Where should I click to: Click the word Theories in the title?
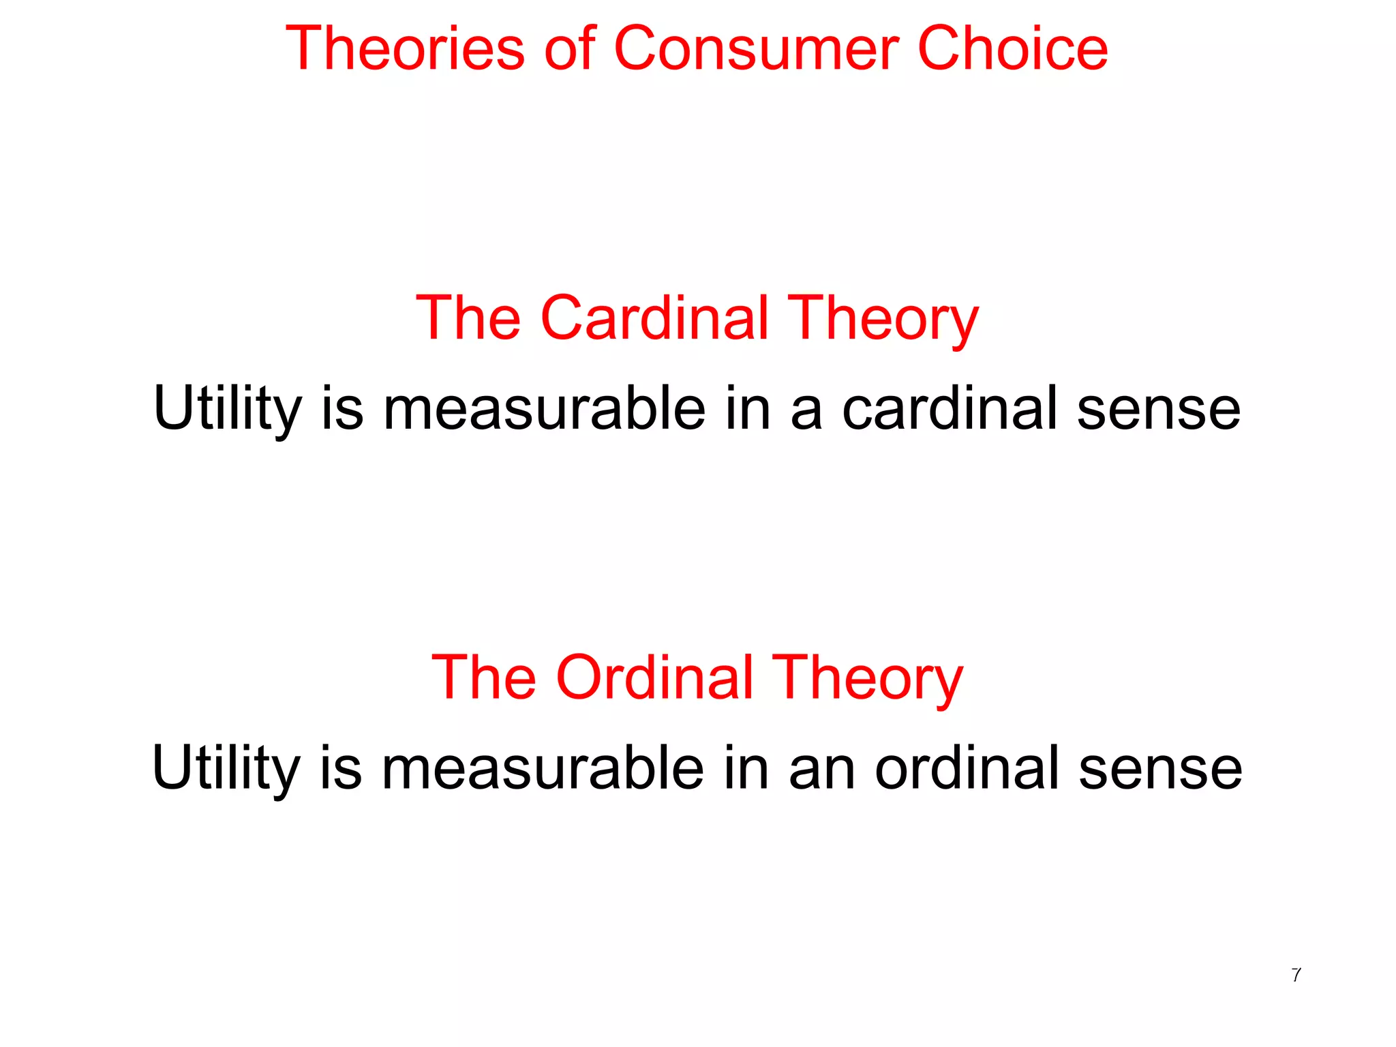405,48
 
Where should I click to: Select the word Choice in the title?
1013,48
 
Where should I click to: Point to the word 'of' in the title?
570,48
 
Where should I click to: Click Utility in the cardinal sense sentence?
227,409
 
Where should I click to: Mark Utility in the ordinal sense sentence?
226,769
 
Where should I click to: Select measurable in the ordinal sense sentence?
543,768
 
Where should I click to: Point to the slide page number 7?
1296,975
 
